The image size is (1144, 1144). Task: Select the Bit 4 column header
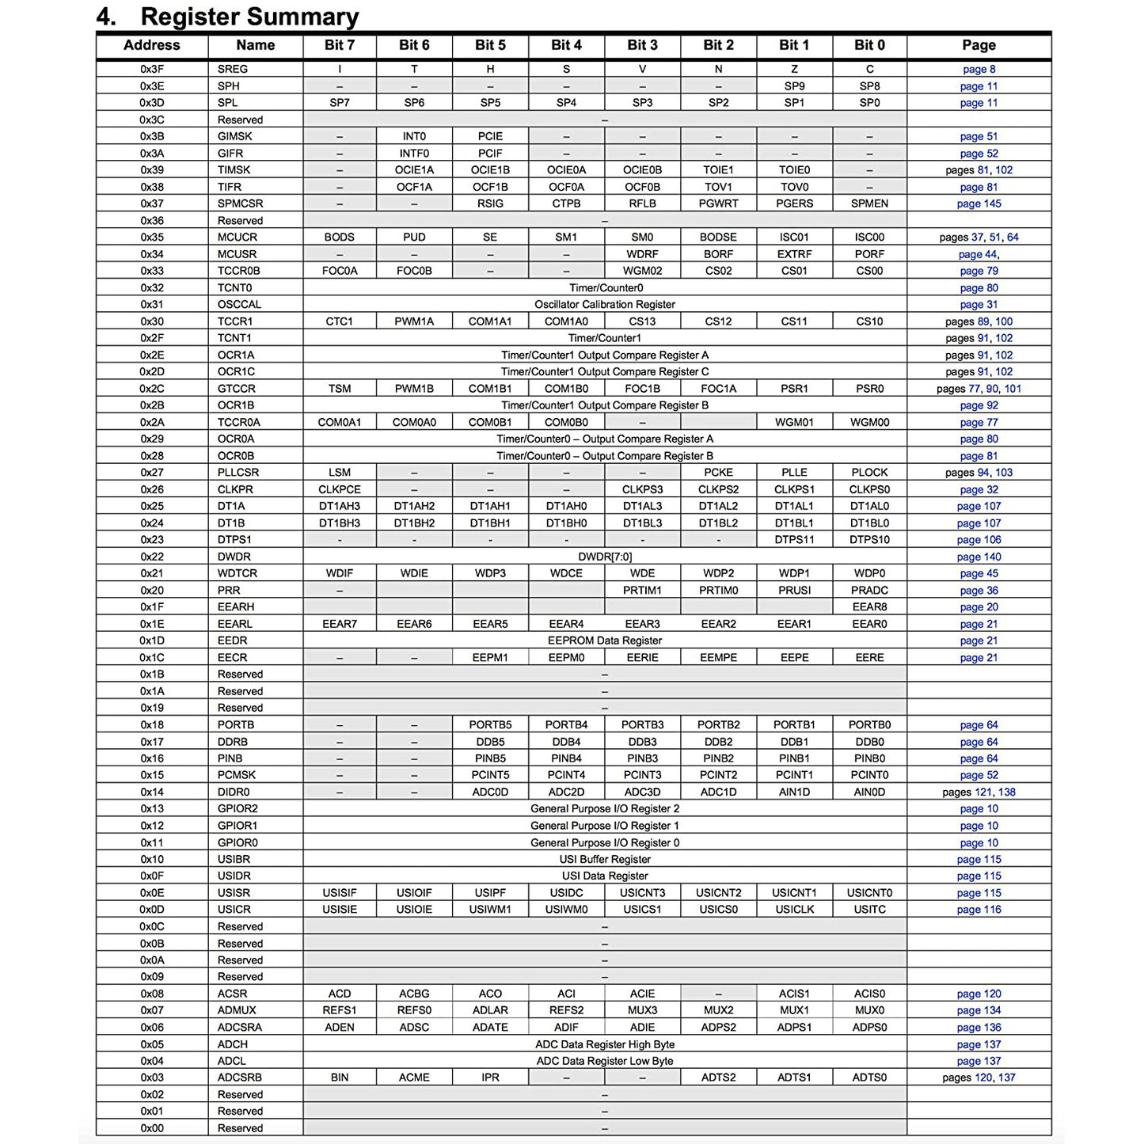566,45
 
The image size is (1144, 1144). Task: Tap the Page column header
979,45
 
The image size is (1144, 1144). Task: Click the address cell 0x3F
152,69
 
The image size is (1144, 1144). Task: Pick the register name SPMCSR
240,203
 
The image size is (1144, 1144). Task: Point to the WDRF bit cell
642,254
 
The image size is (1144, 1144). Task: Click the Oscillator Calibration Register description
605,304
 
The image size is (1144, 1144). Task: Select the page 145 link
979,203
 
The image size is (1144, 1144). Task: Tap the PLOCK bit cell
869,472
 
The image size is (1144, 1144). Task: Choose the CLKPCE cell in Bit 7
340,489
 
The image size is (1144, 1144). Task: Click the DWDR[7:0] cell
605,557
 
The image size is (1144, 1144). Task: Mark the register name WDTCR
237,573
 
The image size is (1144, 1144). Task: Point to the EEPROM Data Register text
605,640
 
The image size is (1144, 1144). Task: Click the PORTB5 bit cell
490,724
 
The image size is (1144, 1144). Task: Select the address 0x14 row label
152,792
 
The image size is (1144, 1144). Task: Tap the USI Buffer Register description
605,859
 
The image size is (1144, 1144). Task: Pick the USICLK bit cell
794,910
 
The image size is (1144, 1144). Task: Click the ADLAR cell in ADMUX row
490,1010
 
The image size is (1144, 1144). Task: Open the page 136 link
979,1028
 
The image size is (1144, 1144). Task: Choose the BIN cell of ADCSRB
340,1077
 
